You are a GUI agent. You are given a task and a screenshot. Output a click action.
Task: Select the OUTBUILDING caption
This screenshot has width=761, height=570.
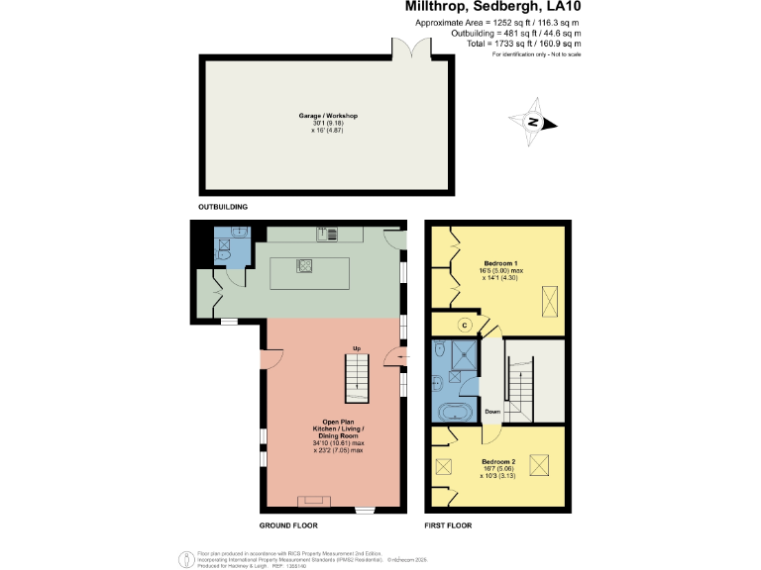click(x=223, y=206)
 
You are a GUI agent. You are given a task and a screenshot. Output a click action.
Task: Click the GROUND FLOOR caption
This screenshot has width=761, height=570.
click(x=287, y=524)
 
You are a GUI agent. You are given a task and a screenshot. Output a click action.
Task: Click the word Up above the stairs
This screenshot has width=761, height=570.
click(x=357, y=347)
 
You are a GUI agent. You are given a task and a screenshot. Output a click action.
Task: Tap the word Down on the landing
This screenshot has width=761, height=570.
click(x=492, y=411)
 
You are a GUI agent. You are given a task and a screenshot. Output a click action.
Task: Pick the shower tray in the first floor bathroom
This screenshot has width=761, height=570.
click(x=462, y=354)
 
